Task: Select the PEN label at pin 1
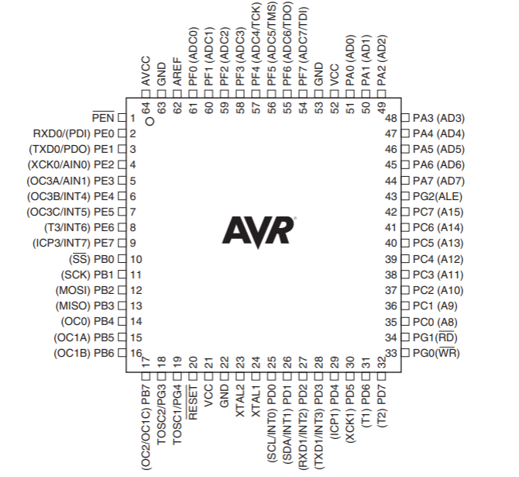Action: [102, 118]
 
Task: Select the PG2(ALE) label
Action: [438, 196]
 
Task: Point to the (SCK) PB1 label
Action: [87, 275]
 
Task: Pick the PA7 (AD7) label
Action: [438, 181]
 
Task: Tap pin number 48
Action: [391, 118]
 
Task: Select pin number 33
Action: [391, 353]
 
